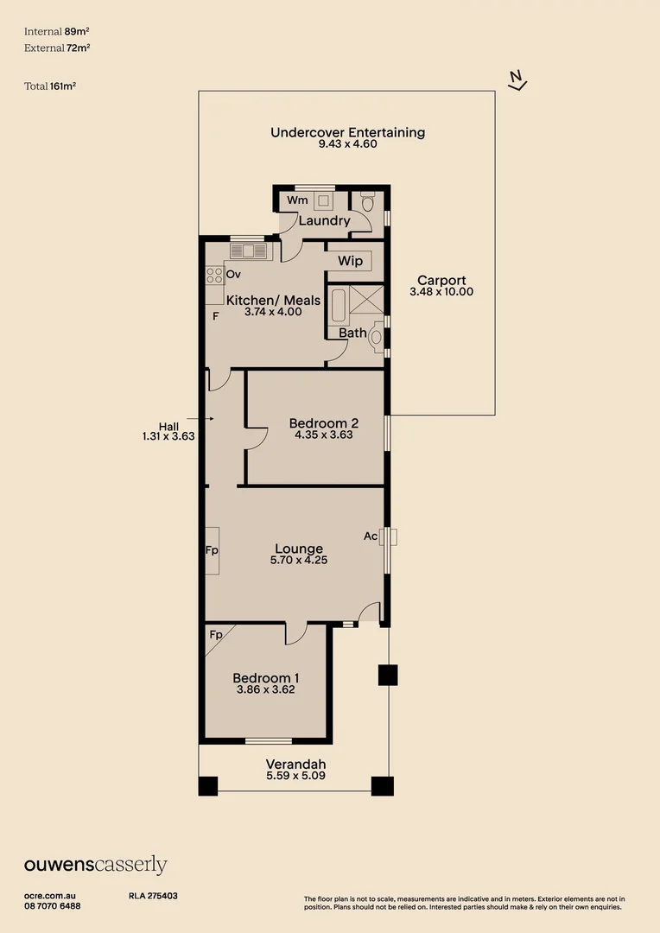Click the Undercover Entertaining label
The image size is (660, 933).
(x=347, y=132)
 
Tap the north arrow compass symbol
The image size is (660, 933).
(x=517, y=80)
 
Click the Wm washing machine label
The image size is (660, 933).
(x=297, y=200)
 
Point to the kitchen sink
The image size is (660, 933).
(x=251, y=251)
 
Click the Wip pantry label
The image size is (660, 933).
(x=350, y=260)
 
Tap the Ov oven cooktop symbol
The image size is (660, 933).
(x=214, y=276)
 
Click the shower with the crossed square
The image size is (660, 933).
(x=365, y=302)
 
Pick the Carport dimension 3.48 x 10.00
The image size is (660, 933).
(x=441, y=292)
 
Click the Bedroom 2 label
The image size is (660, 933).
(x=323, y=422)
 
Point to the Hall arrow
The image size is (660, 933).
(x=204, y=417)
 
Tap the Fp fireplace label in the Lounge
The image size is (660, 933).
(x=211, y=549)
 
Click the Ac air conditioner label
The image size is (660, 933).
(x=370, y=536)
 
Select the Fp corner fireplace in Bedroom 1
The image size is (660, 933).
(x=216, y=635)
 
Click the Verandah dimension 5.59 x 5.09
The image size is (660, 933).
(x=295, y=776)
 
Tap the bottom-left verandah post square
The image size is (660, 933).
(x=208, y=785)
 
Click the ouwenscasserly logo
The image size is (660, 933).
(x=95, y=865)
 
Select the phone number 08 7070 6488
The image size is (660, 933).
(x=53, y=906)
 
